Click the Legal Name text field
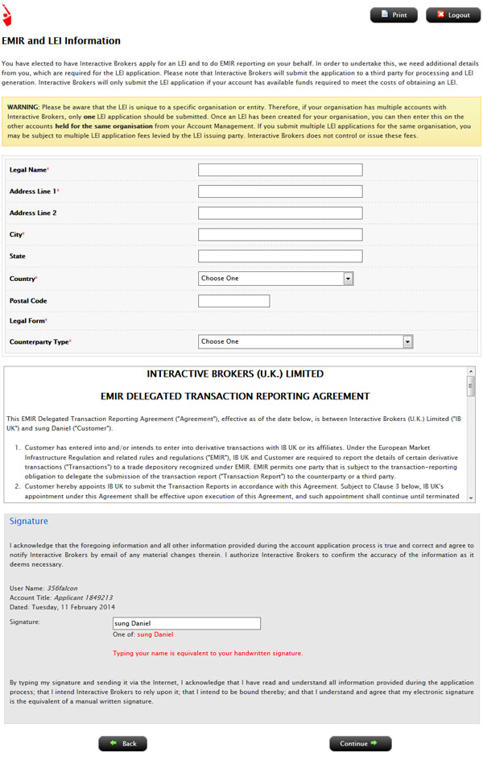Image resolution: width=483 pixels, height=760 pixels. (x=280, y=170)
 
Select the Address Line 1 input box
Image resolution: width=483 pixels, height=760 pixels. (x=280, y=192)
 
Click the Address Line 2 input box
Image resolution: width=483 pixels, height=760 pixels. (x=280, y=213)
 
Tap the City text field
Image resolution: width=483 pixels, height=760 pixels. (x=280, y=234)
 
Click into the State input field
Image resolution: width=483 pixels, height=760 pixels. (x=280, y=256)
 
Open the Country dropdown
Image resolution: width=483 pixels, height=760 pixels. (x=276, y=279)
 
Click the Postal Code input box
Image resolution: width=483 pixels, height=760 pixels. (x=233, y=301)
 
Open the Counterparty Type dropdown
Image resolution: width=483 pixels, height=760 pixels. (x=305, y=341)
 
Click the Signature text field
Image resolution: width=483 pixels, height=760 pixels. (x=187, y=623)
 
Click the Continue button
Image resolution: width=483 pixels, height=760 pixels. (x=360, y=743)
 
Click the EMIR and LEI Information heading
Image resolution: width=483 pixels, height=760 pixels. (x=61, y=41)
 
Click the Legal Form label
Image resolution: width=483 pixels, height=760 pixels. (x=27, y=321)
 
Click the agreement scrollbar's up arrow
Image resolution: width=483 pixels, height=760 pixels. (x=471, y=372)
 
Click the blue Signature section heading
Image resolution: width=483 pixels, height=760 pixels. (x=28, y=522)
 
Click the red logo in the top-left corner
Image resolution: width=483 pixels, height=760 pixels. (x=7, y=14)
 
